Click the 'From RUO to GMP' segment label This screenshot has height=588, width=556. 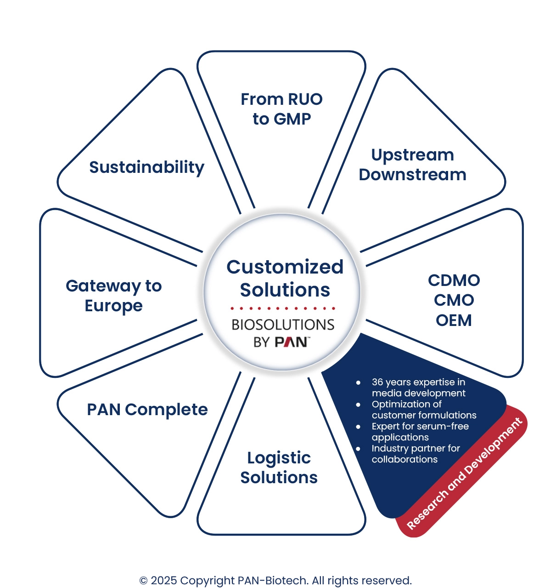coord(281,109)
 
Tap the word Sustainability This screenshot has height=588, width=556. coord(146,167)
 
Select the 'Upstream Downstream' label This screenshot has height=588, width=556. coord(412,165)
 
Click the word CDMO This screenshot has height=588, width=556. coord(454,280)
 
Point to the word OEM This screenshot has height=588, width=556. coord(454,320)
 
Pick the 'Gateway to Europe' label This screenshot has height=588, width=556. coord(114,296)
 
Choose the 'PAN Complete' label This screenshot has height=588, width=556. coord(147,410)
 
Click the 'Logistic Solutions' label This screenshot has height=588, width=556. coord(279,468)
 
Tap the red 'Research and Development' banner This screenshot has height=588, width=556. coord(464,474)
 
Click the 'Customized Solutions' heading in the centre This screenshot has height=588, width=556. coord(285,279)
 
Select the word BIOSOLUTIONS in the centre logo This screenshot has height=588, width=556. coord(283,325)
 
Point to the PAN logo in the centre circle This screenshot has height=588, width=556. coord(291,342)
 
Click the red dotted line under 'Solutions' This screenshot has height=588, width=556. coord(283,308)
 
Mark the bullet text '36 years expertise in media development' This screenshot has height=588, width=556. coord(418,388)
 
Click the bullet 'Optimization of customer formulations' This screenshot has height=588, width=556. coord(424,410)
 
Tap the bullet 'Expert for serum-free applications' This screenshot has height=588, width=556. coord(420,432)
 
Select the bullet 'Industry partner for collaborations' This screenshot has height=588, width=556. coord(416,454)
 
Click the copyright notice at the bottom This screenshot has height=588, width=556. coord(275,581)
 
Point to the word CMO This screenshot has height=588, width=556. coord(454,300)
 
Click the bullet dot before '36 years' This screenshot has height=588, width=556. coord(358,382)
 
